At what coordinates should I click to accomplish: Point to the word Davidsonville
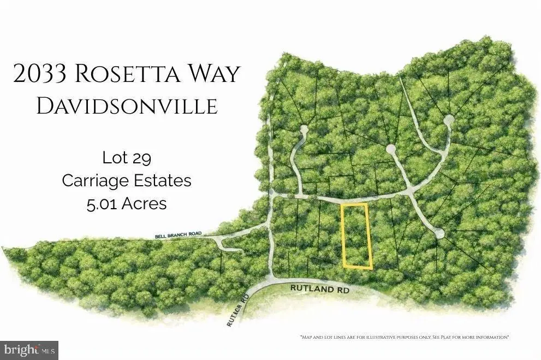pyautogui.click(x=127, y=107)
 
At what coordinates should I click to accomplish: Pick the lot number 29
pyautogui.click(x=141, y=158)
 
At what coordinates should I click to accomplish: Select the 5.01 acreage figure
pyautogui.click(x=102, y=204)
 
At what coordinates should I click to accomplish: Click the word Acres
pyautogui.click(x=144, y=204)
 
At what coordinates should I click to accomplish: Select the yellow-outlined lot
pyautogui.click(x=355, y=236)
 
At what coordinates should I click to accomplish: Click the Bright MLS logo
pyautogui.click(x=29, y=349)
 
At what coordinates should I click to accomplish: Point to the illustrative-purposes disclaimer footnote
pyautogui.click(x=405, y=337)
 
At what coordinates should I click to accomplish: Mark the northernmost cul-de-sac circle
pyautogui.click(x=448, y=119)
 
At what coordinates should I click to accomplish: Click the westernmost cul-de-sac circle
pyautogui.click(x=304, y=130)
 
